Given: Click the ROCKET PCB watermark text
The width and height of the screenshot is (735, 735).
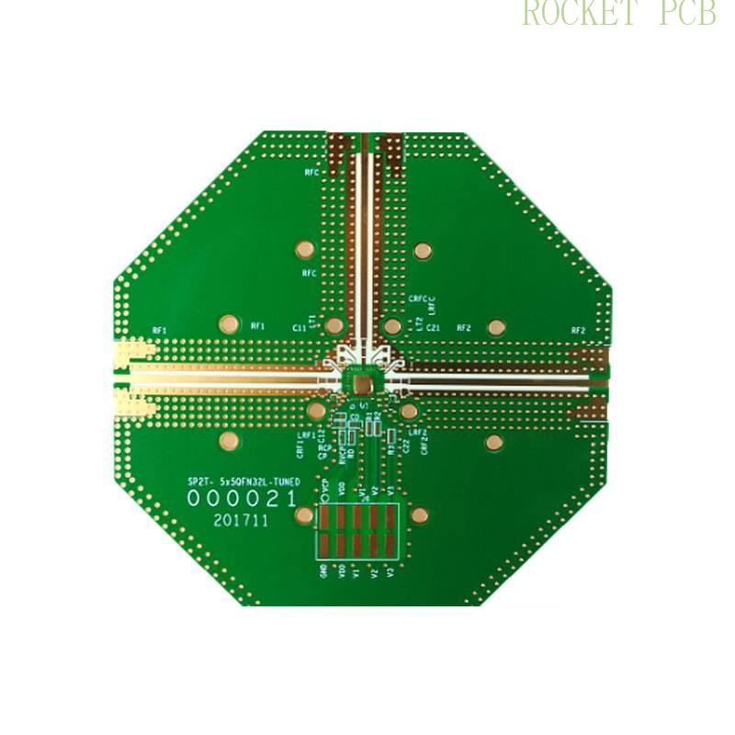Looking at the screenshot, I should (618, 13).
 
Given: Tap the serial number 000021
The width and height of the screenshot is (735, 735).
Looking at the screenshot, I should (242, 499).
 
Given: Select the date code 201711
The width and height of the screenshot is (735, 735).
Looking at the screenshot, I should (241, 520).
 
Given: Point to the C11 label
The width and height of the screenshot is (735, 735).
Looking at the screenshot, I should (299, 327).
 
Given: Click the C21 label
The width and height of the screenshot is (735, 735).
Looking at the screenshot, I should (434, 327).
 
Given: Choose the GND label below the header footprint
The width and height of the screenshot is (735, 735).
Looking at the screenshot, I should (322, 572).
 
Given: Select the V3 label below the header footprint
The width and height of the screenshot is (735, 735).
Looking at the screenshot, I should (390, 572).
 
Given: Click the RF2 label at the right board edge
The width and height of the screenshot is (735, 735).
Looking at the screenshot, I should (578, 330).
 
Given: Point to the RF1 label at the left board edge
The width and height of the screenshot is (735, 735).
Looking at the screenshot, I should (160, 330).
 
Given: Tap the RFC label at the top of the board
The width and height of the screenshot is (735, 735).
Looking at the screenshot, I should (311, 172).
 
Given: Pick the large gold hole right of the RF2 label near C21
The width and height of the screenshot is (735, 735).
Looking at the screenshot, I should (496, 326).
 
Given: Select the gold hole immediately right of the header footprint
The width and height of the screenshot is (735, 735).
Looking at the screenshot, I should (419, 515).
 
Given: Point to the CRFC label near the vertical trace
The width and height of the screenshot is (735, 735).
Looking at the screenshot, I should (418, 300).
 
